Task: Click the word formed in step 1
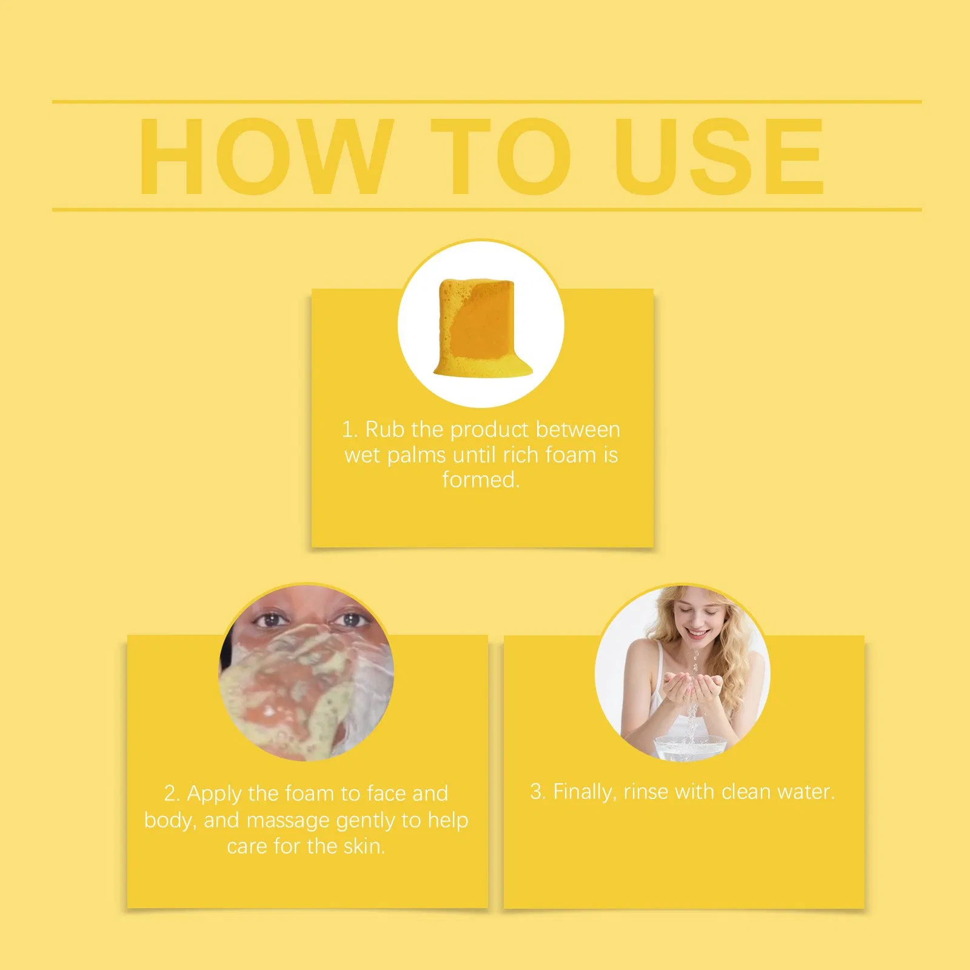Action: click(x=480, y=480)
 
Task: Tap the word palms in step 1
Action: click(x=416, y=456)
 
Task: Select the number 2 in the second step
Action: click(x=172, y=794)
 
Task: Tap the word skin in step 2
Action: click(x=364, y=846)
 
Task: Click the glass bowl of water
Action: click(x=690, y=746)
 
